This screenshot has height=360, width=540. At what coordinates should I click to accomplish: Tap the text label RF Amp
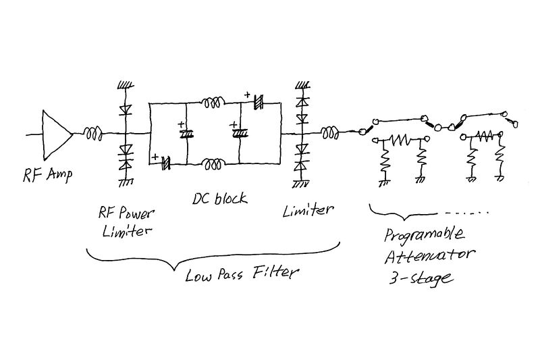click(x=47, y=175)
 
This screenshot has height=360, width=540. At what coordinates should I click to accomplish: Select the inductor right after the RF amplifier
click(x=93, y=134)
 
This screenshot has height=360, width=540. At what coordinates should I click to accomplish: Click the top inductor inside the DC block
click(x=213, y=103)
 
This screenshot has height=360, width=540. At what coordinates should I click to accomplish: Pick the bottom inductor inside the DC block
click(x=213, y=164)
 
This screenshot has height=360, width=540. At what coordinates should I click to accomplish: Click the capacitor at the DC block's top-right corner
click(x=259, y=101)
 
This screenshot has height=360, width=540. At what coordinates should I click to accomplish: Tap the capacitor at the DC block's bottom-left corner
click(x=166, y=163)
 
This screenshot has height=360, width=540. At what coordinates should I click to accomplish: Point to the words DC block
click(x=220, y=199)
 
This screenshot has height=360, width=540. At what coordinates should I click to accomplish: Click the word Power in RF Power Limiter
click(x=135, y=214)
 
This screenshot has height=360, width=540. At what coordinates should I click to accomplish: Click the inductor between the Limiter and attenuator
click(x=331, y=133)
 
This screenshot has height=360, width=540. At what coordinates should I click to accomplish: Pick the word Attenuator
click(x=429, y=255)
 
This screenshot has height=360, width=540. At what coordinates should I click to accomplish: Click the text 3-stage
click(x=420, y=278)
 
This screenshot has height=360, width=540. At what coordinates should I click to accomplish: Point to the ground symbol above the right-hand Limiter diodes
click(x=302, y=84)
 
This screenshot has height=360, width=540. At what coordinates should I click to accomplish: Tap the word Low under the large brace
click(x=198, y=276)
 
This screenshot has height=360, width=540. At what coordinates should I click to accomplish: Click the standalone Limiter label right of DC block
click(x=308, y=210)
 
